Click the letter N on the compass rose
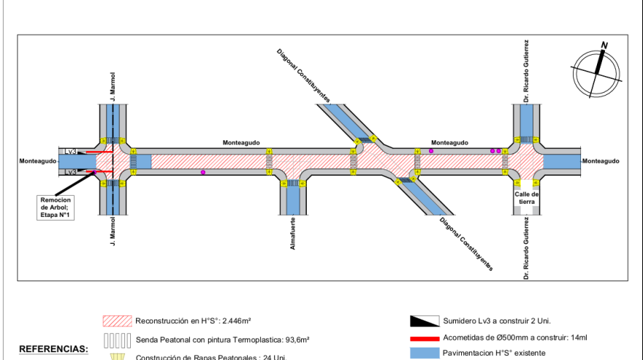coord(604,45)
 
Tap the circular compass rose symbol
coord(596,71)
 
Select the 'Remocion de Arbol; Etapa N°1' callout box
coord(56,206)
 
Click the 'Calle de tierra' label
coord(526,197)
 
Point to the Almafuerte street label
coord(293,234)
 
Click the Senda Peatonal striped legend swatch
coord(117,340)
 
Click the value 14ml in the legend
coord(577,338)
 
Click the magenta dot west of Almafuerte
coord(203,172)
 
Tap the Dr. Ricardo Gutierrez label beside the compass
coord(525,72)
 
